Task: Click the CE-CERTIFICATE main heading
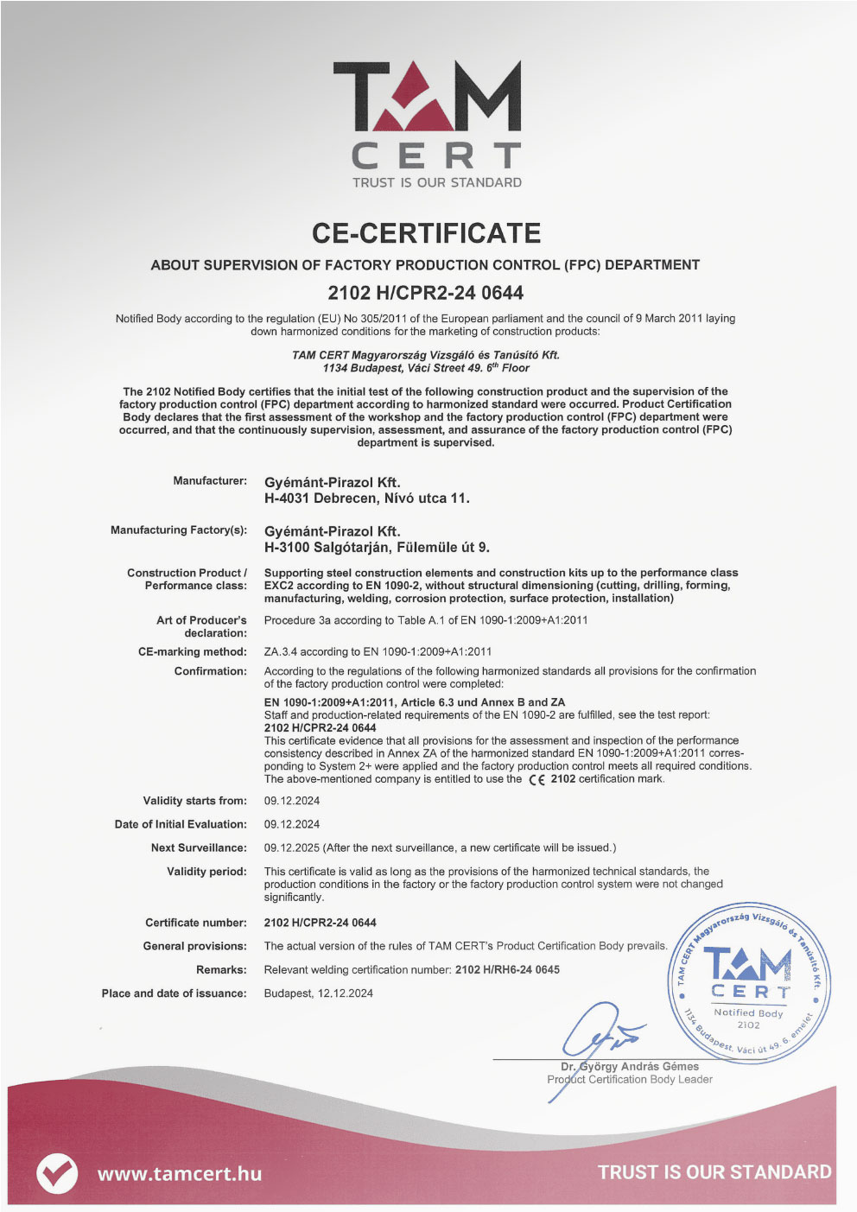pyautogui.click(x=426, y=233)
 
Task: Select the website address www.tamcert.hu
pyautogui.click(x=179, y=1173)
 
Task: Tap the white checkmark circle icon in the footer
pyautogui.click(x=57, y=1173)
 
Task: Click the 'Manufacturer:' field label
pyautogui.click(x=210, y=480)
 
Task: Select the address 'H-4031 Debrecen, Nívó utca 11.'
pyautogui.click(x=367, y=498)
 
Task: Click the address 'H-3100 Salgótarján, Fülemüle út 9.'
pyautogui.click(x=377, y=548)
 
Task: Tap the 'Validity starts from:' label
pyautogui.click(x=195, y=801)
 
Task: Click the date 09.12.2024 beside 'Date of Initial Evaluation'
pyautogui.click(x=292, y=824)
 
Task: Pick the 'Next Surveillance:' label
pyautogui.click(x=199, y=847)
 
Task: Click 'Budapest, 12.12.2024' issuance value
pyautogui.click(x=319, y=993)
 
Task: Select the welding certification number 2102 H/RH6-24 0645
pyautogui.click(x=507, y=969)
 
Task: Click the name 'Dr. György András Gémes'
pyautogui.click(x=630, y=1066)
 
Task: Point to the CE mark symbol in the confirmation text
pyautogui.click(x=536, y=779)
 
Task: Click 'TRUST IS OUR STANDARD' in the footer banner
pyautogui.click(x=714, y=1172)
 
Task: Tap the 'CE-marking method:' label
pyautogui.click(x=193, y=651)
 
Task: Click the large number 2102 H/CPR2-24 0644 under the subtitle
pyautogui.click(x=426, y=293)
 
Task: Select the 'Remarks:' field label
pyautogui.click(x=221, y=969)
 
